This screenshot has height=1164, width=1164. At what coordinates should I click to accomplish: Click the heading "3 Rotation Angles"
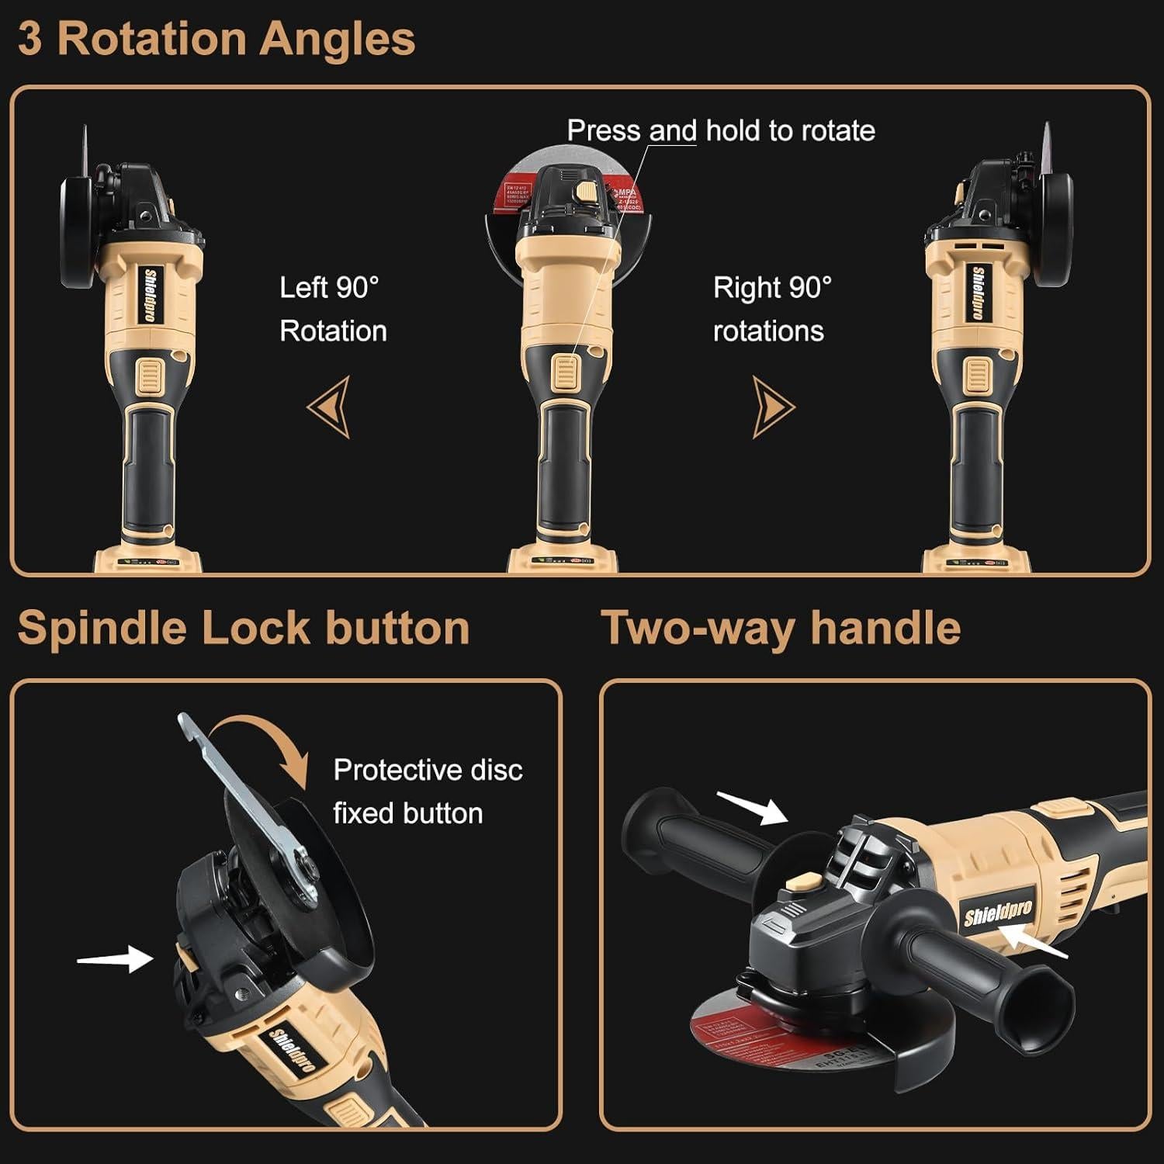(x=217, y=39)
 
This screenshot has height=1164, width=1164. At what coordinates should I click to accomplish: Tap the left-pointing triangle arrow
(x=331, y=407)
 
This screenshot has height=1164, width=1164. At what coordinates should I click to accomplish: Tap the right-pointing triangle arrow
(x=772, y=407)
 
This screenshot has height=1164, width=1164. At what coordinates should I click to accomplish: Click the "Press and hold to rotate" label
(x=721, y=130)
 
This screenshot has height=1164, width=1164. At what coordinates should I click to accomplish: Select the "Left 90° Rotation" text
(x=333, y=309)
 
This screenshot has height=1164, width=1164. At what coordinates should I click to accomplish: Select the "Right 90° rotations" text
(x=771, y=309)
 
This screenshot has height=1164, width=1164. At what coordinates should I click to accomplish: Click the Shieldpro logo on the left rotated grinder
(x=150, y=295)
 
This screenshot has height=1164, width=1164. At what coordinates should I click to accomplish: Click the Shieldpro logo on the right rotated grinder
(x=979, y=293)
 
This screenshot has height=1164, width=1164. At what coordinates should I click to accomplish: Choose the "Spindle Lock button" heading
(x=244, y=627)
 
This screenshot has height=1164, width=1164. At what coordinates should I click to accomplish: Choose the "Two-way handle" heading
(x=781, y=627)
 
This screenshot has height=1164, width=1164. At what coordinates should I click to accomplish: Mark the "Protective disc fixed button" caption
(x=428, y=792)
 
